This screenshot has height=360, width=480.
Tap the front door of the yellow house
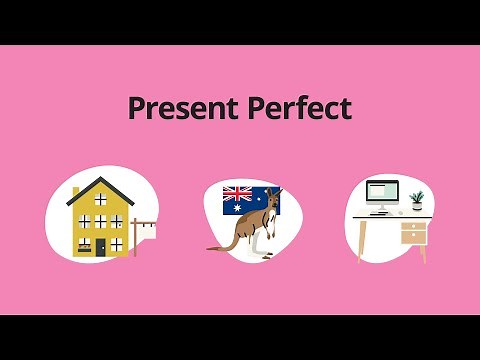100,246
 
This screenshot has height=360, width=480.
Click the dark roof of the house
100,185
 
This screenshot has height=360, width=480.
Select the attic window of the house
100,198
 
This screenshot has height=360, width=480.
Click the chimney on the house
76,191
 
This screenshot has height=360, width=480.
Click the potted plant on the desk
416,200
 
